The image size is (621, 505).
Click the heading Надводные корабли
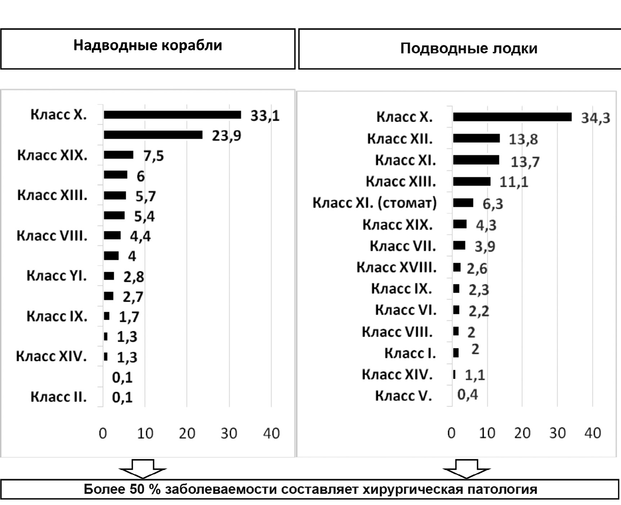[x=148, y=45]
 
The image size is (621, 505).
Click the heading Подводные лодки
[x=469, y=48]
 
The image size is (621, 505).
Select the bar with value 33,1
[x=172, y=115]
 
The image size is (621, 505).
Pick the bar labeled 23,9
[x=153, y=135]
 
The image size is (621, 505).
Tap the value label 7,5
[x=153, y=156]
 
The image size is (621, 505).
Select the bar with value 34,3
[x=512, y=117]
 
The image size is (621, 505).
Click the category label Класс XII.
[x=400, y=139]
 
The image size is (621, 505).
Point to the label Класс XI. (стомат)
[x=375, y=203]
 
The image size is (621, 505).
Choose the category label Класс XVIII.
[x=397, y=267]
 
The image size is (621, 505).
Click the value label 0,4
[x=468, y=395]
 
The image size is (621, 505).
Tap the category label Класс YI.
[x=57, y=276]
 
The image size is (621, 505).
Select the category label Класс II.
[x=58, y=397]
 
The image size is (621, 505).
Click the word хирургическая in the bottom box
[x=412, y=489]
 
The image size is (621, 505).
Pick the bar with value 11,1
[x=472, y=181]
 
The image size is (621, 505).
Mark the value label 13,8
[x=523, y=139]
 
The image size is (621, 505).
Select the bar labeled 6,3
[x=463, y=203]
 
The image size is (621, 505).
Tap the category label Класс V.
[x=403, y=396]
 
